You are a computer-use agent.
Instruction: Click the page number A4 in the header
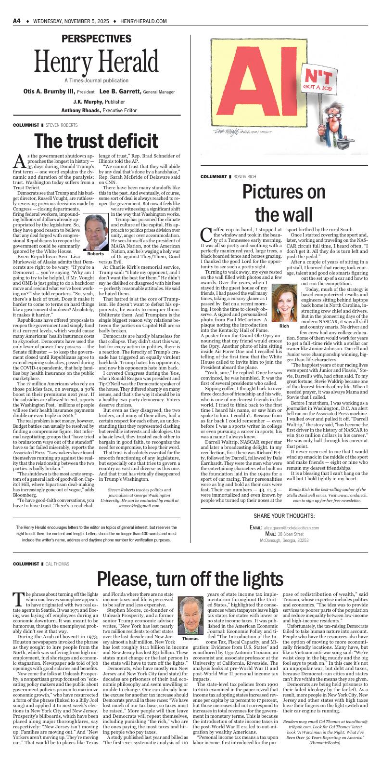pos(17,21)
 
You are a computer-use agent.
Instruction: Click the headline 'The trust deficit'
pos(97,141)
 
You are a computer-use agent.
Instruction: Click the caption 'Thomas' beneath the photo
pos(190,638)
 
